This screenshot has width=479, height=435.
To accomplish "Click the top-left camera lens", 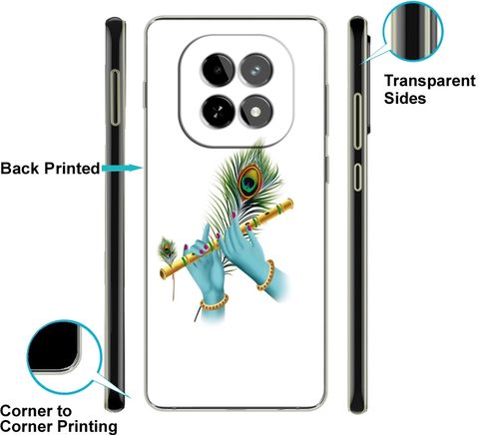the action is coord(218,70).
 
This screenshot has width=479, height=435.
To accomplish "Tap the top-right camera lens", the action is coord(256,70).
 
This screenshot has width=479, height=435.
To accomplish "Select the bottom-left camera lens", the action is coord(218,112).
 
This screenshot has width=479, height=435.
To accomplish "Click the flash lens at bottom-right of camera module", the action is coord(256,112).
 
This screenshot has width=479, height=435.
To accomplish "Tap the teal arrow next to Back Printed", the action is coord(122,168).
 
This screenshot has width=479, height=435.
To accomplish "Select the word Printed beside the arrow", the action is coord(72,169).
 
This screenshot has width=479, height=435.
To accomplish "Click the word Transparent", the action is coord(430,81).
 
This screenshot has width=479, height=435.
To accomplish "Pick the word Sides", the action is coord(405,98).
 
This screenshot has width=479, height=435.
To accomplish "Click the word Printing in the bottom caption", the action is coord(87,426).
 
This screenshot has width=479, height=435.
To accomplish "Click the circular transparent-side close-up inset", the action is coord(413,31).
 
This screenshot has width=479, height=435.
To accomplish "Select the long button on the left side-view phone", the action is coord(115,98).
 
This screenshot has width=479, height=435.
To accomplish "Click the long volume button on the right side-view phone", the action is coord(357,121).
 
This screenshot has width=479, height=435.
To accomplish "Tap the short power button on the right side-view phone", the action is coord(357,177).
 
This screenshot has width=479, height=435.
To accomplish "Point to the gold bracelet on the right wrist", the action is coord(266,275).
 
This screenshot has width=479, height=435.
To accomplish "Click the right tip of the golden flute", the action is coord(291,203).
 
